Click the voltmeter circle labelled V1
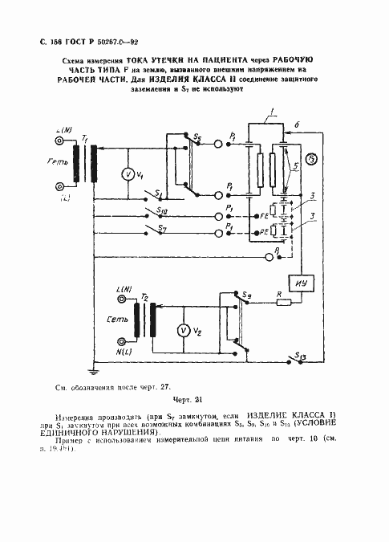click(x=126, y=173)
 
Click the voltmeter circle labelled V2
click(x=182, y=330)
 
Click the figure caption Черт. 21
click(x=189, y=400)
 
